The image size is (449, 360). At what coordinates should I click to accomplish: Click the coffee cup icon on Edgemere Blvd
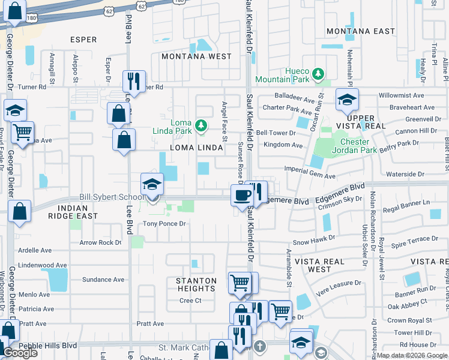coord(242,195)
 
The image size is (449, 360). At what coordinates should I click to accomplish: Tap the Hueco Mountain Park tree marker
coord(320,74)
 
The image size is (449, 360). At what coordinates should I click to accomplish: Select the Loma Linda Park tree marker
coord(202,125)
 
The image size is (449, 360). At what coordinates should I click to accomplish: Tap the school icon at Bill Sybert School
coord(152,184)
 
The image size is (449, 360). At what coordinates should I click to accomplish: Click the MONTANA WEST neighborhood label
coord(196,56)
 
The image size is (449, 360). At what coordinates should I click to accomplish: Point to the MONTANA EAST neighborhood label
coord(360,31)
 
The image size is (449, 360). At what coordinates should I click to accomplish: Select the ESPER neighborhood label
coord(83,40)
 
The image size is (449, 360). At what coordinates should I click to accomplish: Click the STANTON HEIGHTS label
coord(196,284)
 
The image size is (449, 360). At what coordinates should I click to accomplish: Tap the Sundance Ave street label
coord(103,280)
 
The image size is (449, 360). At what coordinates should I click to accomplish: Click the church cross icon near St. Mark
coord(259,347)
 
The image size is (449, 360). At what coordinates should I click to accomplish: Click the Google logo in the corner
coord(20,353)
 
